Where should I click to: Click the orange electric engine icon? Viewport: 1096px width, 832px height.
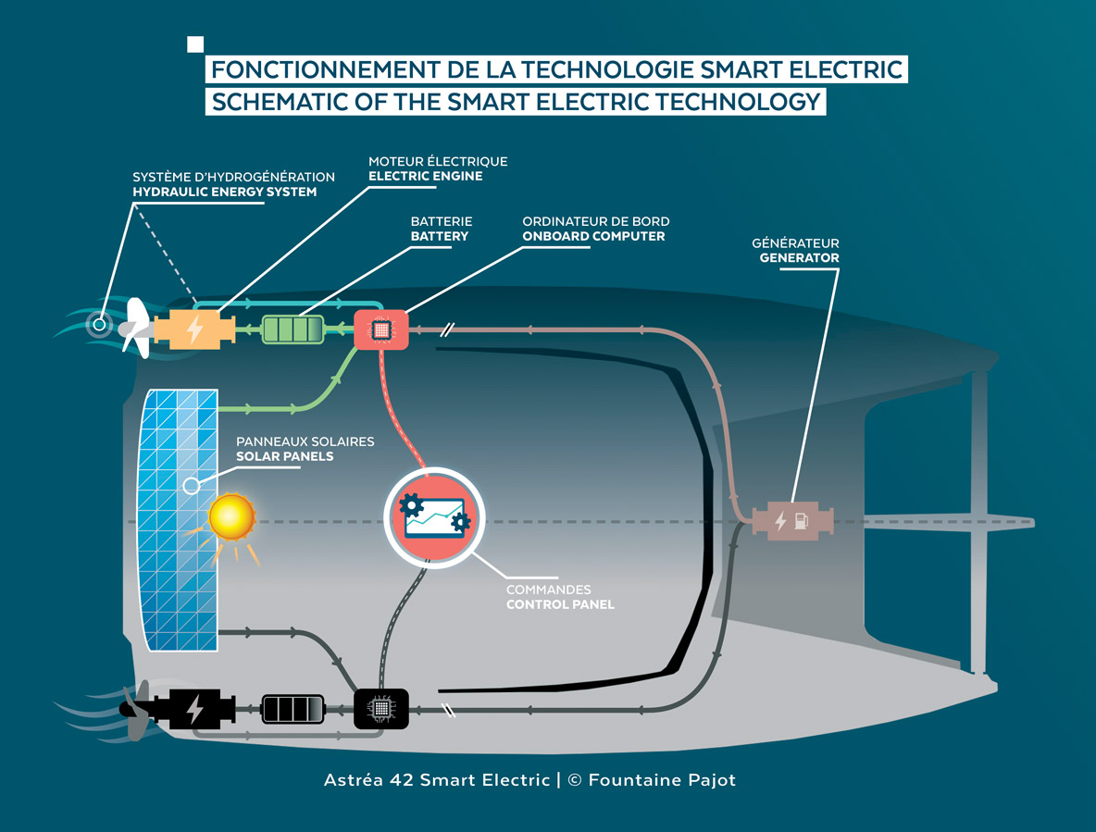coord(194,329)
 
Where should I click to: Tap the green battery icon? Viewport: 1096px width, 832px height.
coord(293,329)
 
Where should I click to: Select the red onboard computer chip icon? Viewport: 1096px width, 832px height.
coord(380,329)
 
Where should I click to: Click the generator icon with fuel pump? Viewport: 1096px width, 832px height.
coord(792,521)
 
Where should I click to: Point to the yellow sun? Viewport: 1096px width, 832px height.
coord(230,516)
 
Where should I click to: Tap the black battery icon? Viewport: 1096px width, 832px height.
coord(293,709)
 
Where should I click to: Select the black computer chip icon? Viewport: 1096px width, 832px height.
coord(380,709)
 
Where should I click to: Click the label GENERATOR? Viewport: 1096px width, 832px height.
coord(799,258)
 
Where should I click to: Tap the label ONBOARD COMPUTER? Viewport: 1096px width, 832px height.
coord(593,236)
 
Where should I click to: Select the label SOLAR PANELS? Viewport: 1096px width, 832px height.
coord(284,457)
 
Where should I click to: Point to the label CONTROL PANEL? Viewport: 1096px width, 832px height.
coord(560,604)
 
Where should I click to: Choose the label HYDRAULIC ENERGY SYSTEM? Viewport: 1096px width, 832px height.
coord(224,192)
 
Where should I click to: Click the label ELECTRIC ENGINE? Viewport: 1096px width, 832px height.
coord(425,176)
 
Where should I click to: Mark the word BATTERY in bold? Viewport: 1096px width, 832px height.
coord(440,236)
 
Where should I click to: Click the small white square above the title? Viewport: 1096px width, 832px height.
coord(195,43)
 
